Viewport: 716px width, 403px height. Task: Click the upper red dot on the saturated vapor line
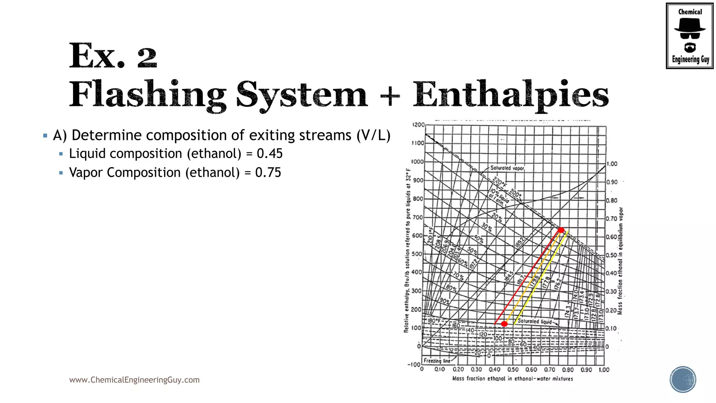click(x=561, y=230)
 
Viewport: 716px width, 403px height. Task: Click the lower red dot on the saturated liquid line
click(x=504, y=324)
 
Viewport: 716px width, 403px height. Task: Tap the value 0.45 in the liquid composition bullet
click(x=269, y=154)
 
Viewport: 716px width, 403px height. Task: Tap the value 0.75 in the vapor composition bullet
click(x=268, y=172)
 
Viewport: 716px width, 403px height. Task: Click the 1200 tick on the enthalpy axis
click(x=418, y=125)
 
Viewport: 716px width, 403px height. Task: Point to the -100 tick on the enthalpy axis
click(x=414, y=365)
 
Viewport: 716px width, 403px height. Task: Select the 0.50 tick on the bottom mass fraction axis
click(x=513, y=370)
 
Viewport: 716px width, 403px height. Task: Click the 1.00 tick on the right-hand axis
click(x=612, y=164)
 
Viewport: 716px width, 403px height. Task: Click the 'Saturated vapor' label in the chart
click(x=507, y=168)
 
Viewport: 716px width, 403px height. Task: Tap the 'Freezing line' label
click(x=437, y=361)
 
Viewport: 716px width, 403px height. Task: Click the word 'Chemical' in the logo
click(x=690, y=12)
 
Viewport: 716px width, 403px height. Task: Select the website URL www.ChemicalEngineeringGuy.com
click(x=134, y=380)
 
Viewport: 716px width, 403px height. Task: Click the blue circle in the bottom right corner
click(x=683, y=380)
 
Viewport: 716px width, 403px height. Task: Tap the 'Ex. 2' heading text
click(x=113, y=56)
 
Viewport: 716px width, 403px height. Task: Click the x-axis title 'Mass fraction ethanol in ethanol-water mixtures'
click(x=513, y=379)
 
